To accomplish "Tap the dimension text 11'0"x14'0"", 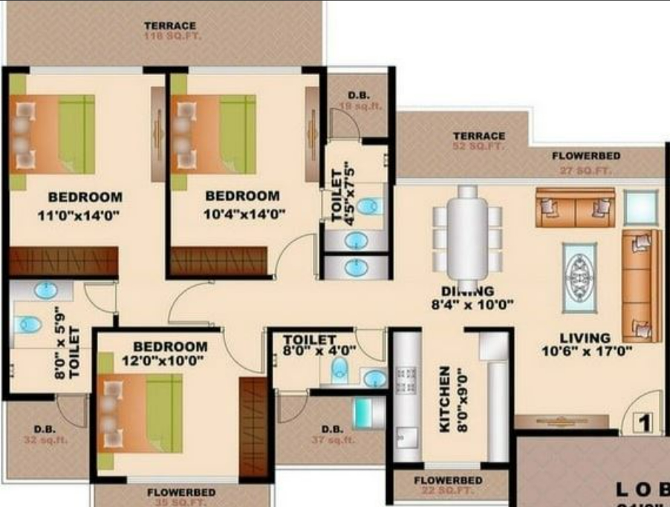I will coord(79,216).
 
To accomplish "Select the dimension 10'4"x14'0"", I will coord(243,215).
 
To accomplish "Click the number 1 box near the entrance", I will coord(643,424).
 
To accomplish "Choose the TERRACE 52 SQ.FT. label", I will coord(479,141).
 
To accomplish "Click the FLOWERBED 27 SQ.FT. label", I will coord(586,163).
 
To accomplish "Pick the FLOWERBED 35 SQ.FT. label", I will coord(181,497).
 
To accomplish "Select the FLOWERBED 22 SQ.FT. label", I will coord(448,485).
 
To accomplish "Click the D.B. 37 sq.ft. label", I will coord(332,435).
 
